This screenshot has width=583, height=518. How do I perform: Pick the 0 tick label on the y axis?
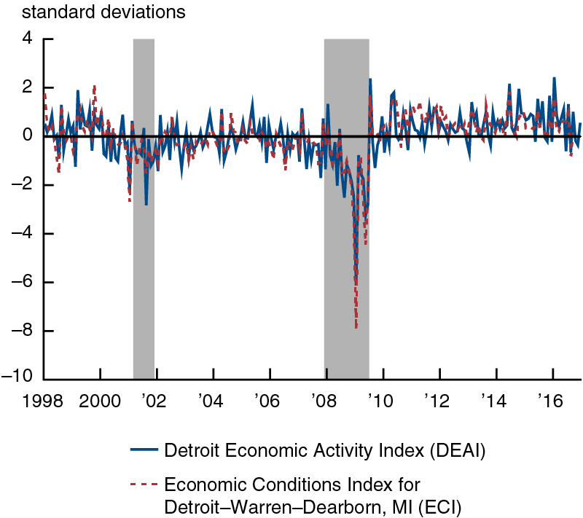point(28,136)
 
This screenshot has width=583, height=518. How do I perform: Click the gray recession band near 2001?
point(144,219)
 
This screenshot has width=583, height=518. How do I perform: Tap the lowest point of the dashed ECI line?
point(356,328)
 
